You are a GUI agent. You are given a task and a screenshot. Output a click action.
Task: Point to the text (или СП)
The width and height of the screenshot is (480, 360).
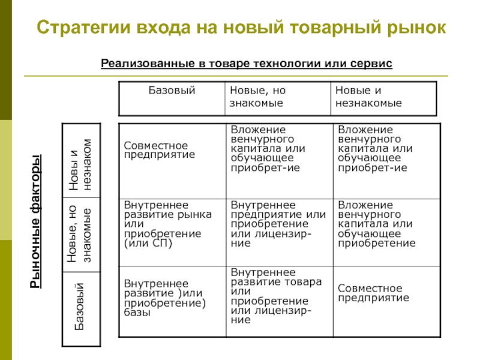pyautogui.click(x=148, y=244)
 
